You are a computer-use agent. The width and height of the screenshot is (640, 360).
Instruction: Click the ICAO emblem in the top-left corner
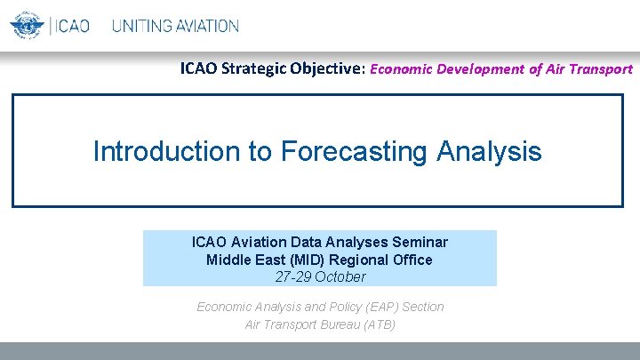click(27, 25)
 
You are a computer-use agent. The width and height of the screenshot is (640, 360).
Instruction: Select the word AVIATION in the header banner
click(206, 26)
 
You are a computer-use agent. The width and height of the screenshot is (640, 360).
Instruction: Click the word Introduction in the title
click(168, 151)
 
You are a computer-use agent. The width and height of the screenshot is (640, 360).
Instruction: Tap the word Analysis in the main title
click(489, 151)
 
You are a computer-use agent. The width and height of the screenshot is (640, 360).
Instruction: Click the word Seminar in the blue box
click(421, 242)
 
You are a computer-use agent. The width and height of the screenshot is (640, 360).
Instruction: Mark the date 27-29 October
click(319, 276)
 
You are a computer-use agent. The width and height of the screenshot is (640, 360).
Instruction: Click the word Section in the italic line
click(423, 307)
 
